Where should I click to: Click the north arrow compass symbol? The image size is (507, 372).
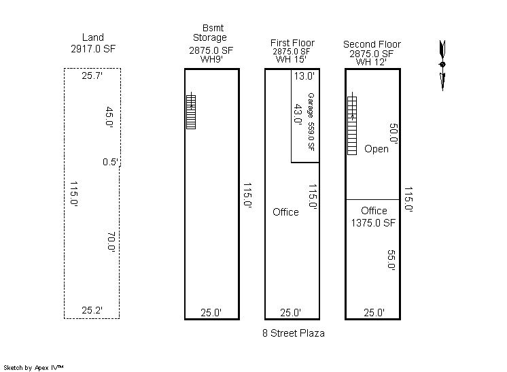[x=442, y=65]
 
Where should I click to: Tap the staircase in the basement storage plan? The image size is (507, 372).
[x=191, y=111]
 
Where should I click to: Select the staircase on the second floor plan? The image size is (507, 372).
[x=352, y=124]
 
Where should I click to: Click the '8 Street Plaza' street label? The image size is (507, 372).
[x=294, y=333]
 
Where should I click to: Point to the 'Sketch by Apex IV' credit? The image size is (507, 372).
[x=33, y=367]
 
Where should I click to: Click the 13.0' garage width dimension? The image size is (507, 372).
[x=304, y=76]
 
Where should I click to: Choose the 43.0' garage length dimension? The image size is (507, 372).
[x=298, y=114]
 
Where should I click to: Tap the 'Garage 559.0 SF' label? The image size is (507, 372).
[x=311, y=122]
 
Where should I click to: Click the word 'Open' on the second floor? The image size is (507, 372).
[x=377, y=149]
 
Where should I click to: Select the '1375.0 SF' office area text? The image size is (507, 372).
[x=373, y=223]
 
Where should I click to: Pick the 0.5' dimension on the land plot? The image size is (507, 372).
[x=111, y=162]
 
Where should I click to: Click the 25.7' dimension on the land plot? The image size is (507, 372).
[x=92, y=75]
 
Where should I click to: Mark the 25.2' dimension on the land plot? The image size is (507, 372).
[x=92, y=310]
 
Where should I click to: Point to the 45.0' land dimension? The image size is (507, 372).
[x=109, y=117]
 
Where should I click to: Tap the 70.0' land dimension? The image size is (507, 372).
[x=111, y=242]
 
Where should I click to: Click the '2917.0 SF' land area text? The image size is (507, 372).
[x=93, y=49]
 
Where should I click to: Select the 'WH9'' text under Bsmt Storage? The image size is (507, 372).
[x=211, y=59]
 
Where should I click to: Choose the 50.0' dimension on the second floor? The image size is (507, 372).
[x=394, y=133]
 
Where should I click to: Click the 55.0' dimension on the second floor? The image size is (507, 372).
[x=391, y=260]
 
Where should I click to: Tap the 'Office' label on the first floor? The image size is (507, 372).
[x=285, y=212]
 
